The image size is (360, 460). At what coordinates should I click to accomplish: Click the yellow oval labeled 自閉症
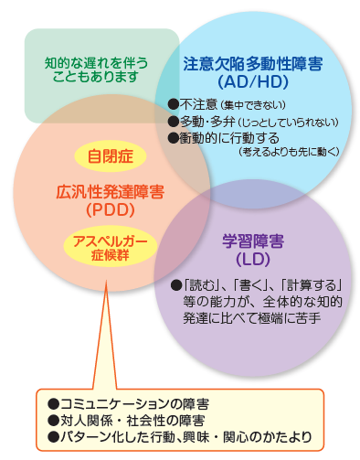point(111,155)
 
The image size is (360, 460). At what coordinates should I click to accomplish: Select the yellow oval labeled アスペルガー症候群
point(111,246)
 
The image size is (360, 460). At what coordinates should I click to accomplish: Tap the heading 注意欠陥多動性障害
point(253,64)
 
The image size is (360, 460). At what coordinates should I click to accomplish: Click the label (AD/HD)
point(253,81)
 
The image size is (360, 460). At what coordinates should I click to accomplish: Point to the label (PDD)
point(111,209)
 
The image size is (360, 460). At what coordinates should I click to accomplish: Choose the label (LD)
point(253,259)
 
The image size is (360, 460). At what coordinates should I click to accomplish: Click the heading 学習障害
point(253,241)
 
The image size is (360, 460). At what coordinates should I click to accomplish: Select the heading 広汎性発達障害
point(111,192)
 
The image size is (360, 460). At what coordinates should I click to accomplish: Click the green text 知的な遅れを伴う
point(96,63)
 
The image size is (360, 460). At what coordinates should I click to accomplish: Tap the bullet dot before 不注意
point(174,104)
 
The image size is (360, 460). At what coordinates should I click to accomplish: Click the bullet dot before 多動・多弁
point(174,122)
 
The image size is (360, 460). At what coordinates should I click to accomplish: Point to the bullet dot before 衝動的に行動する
point(174,138)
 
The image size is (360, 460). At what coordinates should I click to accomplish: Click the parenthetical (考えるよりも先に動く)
point(289,152)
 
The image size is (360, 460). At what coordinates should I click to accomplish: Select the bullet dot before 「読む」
point(176,285)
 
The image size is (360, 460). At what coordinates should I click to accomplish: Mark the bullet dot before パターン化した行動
point(53,437)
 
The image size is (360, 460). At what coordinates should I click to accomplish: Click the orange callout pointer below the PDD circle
point(105,335)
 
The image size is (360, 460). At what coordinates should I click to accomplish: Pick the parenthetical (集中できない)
point(253,105)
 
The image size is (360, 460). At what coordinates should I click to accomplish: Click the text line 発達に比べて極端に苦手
point(251,318)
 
